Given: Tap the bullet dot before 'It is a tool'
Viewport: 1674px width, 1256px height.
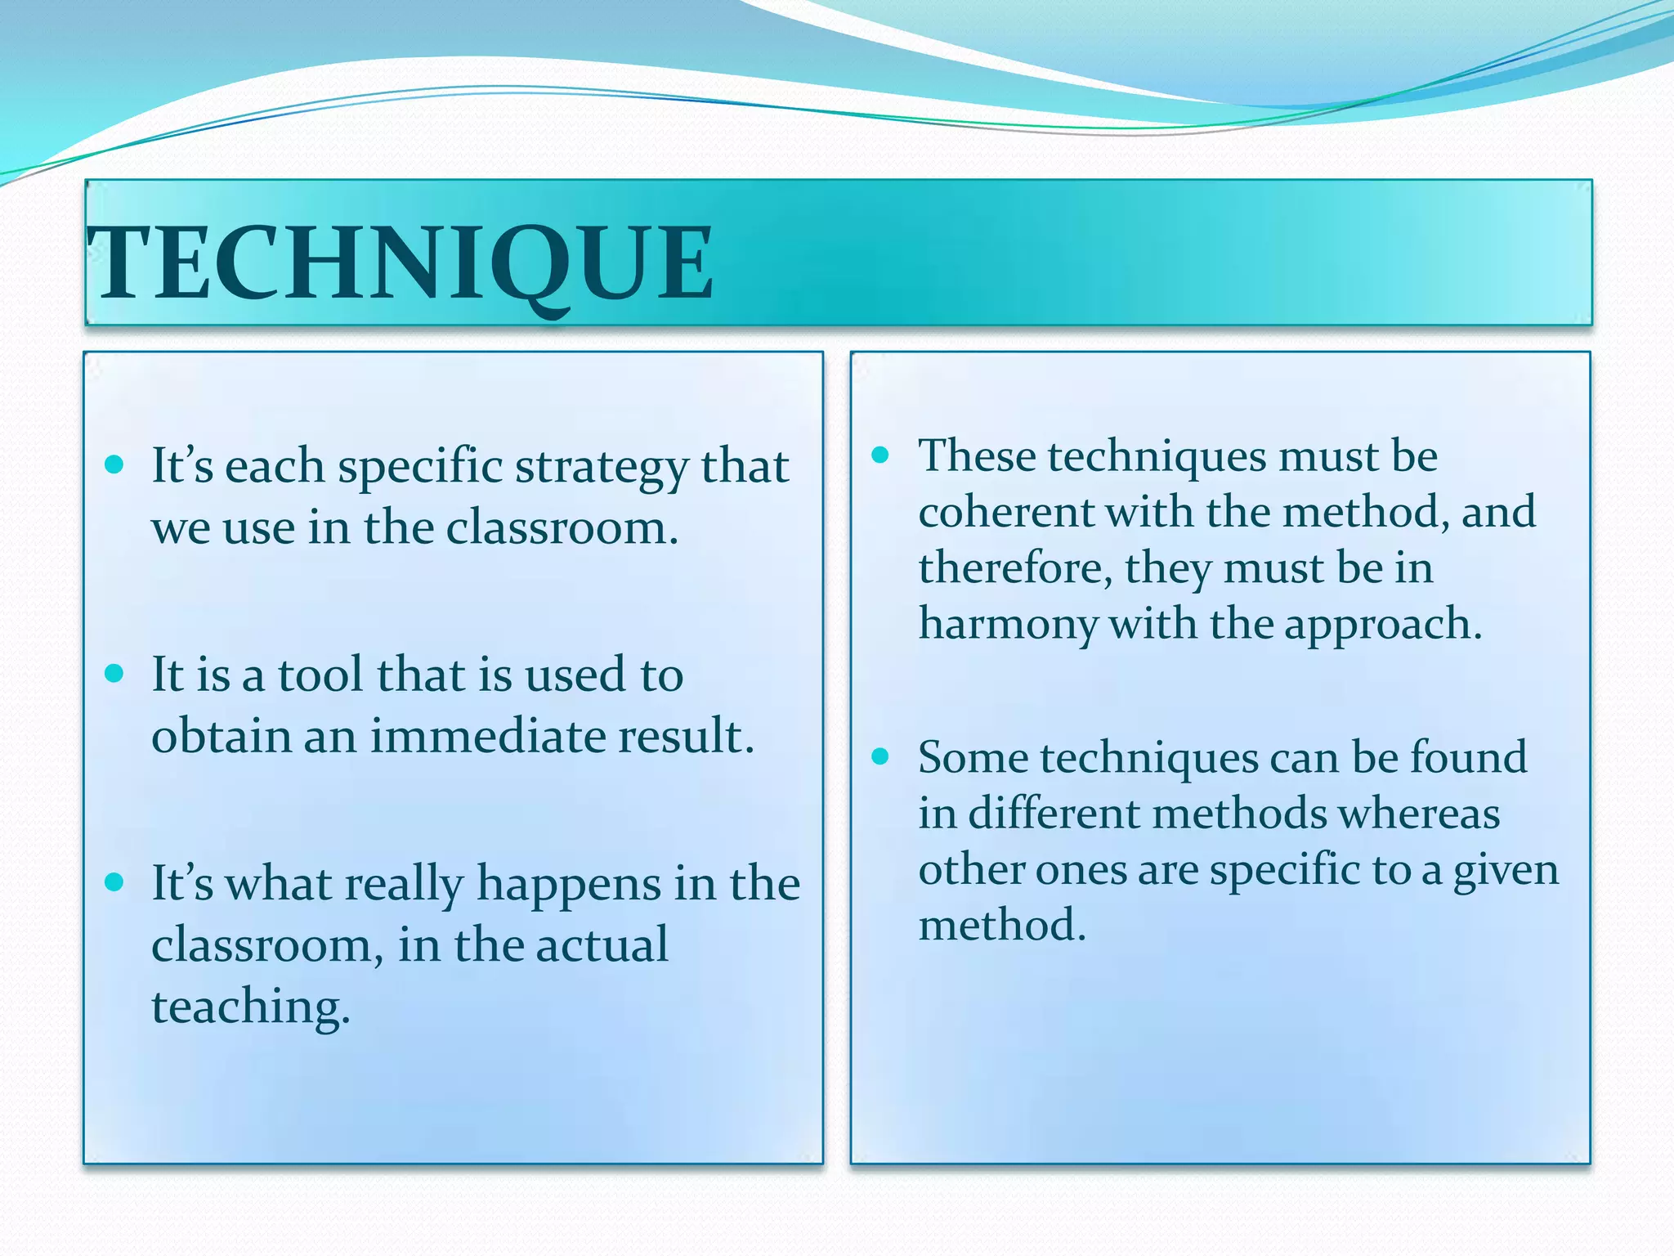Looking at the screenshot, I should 114,674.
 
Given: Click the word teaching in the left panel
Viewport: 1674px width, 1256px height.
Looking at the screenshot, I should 250,1007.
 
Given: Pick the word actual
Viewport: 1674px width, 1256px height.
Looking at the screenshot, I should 602,945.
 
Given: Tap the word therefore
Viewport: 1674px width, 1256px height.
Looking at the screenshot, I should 1014,568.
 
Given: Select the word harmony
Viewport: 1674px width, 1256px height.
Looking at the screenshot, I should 1008,625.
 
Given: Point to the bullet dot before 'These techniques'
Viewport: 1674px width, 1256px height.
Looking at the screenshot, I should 880,455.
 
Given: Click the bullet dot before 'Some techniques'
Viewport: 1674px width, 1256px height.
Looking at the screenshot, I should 880,756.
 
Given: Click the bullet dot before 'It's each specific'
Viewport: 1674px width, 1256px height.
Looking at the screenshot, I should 114,465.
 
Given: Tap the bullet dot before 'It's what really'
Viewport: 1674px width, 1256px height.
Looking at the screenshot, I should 114,882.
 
